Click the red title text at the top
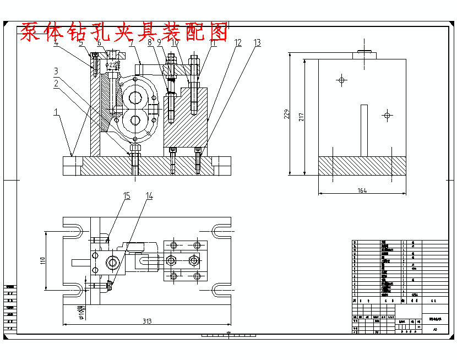[124, 33]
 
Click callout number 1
[56, 112]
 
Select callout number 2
[56, 84]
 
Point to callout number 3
[56, 70]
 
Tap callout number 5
[81, 42]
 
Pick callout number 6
[100, 42]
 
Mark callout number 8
[149, 42]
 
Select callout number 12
[238, 42]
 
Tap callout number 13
[257, 42]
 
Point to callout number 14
[149, 195]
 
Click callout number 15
[127, 195]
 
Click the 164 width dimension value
[362, 190]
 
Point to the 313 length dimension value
[147, 321]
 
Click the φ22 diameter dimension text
[112, 65]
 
